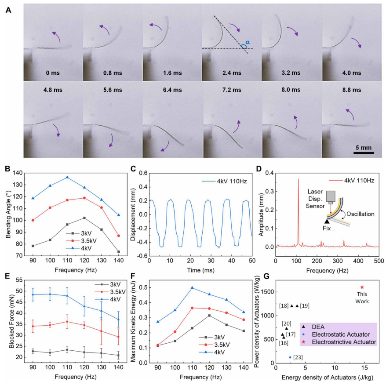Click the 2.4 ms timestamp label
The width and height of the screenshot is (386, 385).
[x=232, y=73]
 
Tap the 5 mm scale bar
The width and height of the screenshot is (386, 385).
[x=364, y=153]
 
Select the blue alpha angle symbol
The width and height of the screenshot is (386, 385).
[x=248, y=42]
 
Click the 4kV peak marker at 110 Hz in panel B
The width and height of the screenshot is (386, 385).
[x=67, y=177]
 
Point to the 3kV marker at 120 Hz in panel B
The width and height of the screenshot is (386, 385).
[x=84, y=218]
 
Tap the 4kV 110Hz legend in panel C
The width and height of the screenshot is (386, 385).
[x=224, y=182]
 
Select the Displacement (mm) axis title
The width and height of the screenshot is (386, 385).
[x=133, y=214]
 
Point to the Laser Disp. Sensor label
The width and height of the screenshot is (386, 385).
[x=315, y=199]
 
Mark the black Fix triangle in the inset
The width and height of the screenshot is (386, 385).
[x=327, y=222]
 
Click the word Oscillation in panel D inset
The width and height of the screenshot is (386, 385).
[x=361, y=214]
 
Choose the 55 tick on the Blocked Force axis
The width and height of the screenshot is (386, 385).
[x=19, y=280]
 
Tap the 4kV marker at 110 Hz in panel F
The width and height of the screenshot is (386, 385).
[x=192, y=287]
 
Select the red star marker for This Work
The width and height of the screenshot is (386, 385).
[x=362, y=287]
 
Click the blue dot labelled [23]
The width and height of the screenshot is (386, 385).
[x=290, y=357]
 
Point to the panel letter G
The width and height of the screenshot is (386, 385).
[x=266, y=276]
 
